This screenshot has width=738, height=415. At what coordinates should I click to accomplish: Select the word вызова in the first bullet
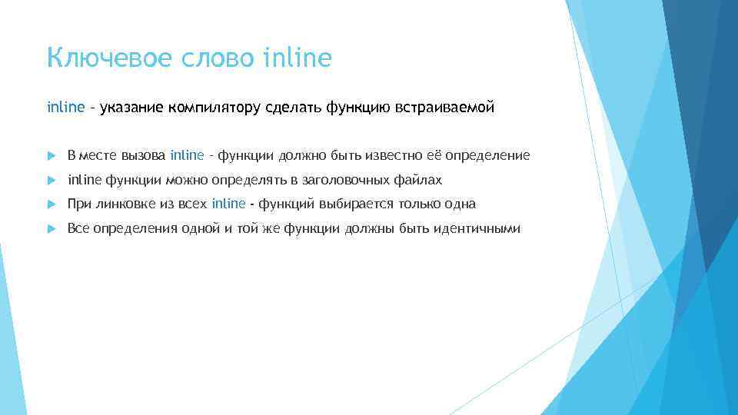click(x=145, y=156)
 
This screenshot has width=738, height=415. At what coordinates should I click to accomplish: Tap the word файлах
click(x=421, y=180)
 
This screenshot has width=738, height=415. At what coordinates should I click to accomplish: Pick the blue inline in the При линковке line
click(x=228, y=204)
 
